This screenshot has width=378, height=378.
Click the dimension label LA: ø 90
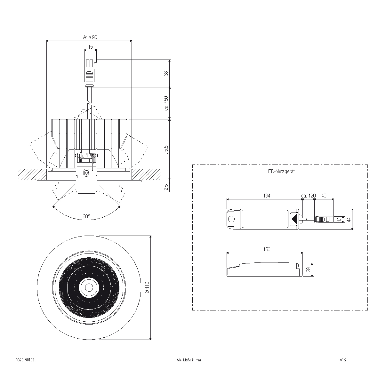(89, 37)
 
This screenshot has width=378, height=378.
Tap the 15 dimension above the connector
(91, 47)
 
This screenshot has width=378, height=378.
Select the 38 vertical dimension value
(166, 73)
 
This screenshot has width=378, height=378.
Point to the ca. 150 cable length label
(166, 103)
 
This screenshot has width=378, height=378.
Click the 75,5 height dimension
(166, 149)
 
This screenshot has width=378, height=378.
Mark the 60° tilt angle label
(86, 217)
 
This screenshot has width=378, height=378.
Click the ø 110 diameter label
(147, 287)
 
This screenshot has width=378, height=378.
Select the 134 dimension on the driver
(267, 196)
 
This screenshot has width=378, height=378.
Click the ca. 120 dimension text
(308, 196)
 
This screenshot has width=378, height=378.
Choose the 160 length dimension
(267, 249)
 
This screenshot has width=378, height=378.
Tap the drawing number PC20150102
(25, 360)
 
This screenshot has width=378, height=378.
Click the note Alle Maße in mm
(189, 360)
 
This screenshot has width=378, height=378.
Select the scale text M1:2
(343, 360)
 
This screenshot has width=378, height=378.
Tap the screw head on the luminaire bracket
(86, 173)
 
